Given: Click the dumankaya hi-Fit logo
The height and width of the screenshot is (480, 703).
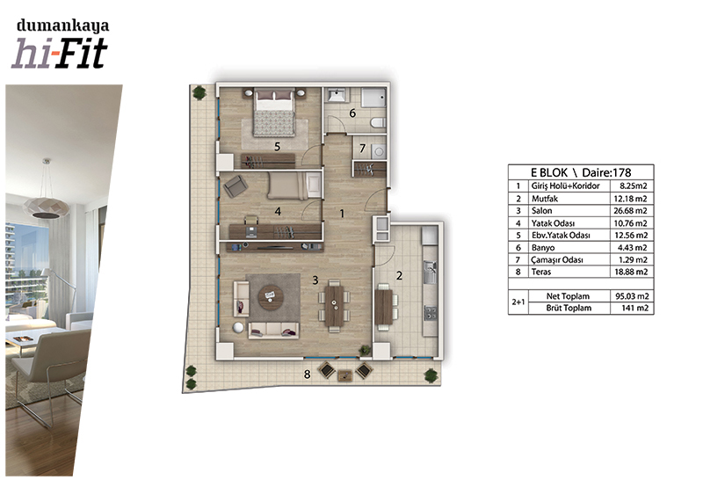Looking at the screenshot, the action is (60, 43).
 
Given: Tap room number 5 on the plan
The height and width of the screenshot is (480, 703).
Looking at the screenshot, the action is (277, 147).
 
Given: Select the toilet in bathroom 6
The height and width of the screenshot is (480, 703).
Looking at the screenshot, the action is (379, 122).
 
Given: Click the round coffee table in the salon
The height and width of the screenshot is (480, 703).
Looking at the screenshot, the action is (271, 297).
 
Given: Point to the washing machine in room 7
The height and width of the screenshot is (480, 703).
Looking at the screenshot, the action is (379, 151).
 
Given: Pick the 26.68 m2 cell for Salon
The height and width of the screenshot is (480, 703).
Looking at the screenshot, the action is (631, 211).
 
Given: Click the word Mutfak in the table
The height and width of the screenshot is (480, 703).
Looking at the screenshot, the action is (545, 199).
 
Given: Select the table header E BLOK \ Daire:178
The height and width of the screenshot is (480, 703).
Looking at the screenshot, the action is (581, 172).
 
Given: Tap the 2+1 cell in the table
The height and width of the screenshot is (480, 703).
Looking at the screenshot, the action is (518, 302).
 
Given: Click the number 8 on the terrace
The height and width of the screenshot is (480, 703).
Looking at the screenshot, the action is (307, 374).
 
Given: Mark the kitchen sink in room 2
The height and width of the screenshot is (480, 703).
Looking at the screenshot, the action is (430, 272).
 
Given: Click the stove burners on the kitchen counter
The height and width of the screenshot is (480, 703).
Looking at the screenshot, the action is (431, 313).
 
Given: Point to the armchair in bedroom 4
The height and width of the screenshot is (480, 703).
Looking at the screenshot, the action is (235, 185).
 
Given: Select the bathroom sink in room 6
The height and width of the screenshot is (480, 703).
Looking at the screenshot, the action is (337, 96).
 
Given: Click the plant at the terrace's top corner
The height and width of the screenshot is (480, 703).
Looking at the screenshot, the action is (199, 93).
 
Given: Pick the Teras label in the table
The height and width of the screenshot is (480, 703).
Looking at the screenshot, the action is (541, 272).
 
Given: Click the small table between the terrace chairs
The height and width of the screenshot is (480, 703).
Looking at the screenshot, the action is (345, 375).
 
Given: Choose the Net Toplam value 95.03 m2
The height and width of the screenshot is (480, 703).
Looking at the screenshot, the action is (631, 296).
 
